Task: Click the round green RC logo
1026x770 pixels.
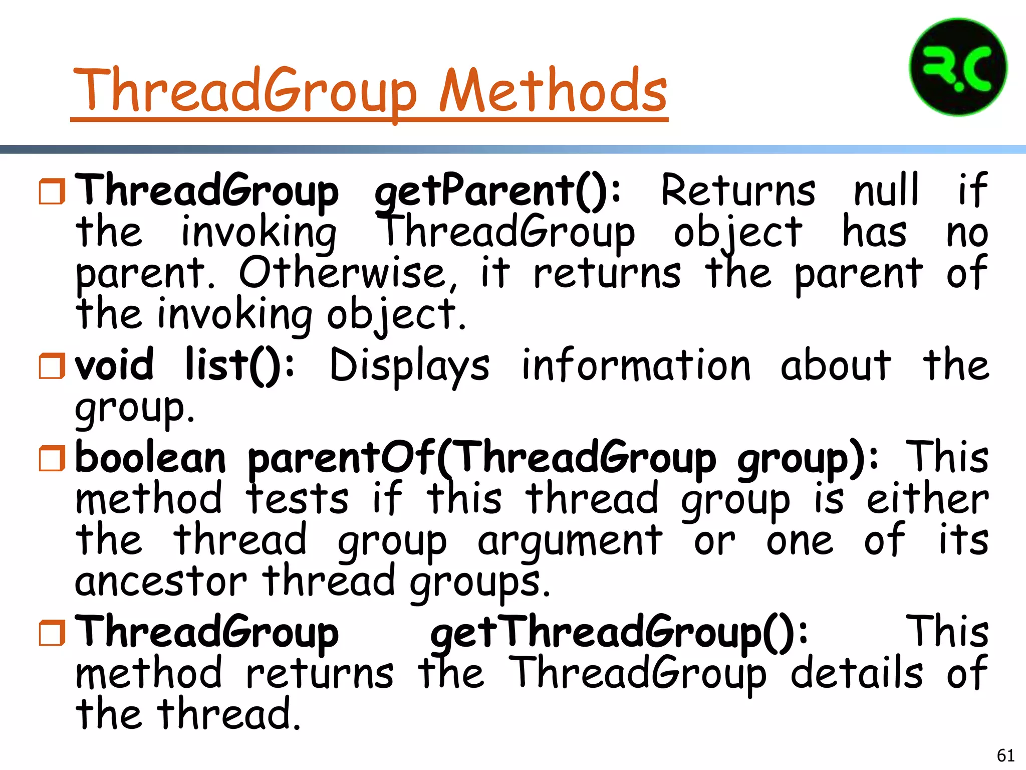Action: click(x=958, y=67)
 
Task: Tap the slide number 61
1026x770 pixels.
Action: click(x=1005, y=755)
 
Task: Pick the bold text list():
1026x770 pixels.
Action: click(x=239, y=365)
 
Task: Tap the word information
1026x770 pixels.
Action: click(x=636, y=365)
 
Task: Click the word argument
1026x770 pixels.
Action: click(x=570, y=541)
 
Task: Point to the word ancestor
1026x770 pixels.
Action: click(x=161, y=582)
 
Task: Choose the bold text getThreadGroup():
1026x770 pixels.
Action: click(x=619, y=633)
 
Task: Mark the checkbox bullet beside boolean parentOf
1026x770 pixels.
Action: click(x=52, y=458)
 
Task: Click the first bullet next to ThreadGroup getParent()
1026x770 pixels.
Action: click(x=52, y=191)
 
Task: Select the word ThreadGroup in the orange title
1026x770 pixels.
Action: click(x=245, y=91)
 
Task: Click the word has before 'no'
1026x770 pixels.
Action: click(x=874, y=232)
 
